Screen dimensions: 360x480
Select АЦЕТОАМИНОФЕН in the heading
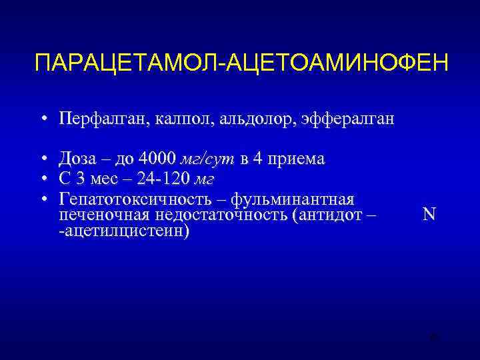[x=339, y=65]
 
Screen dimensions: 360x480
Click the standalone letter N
[x=429, y=215]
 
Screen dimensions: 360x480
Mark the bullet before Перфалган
[x=42, y=120]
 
